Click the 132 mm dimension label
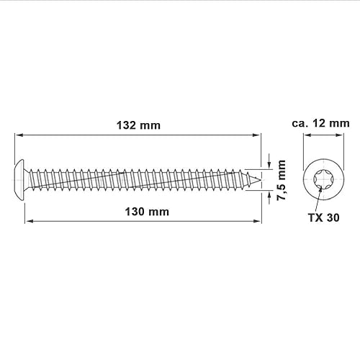click(138, 125)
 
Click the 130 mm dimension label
click(147, 212)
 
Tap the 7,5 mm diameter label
click(282, 180)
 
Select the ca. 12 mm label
click(320, 123)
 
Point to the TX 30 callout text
click(324, 217)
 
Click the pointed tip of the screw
click(261, 180)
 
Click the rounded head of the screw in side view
click(20, 180)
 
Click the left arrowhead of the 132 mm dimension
click(19, 135)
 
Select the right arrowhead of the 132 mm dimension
click(256, 135)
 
